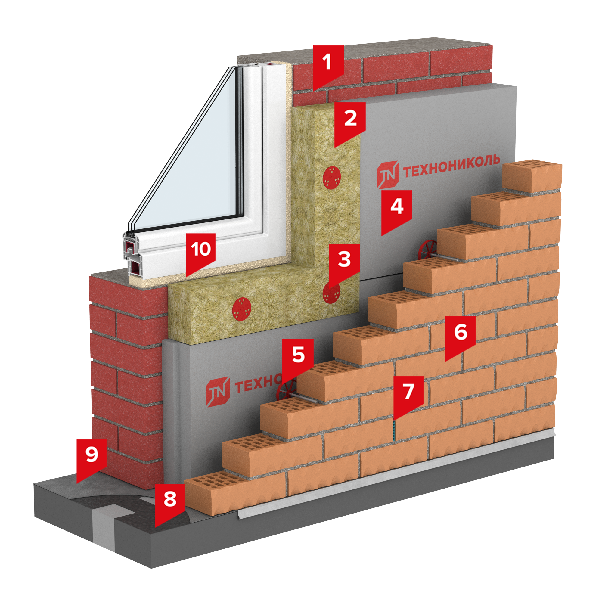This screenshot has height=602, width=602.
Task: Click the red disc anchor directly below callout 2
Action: [332, 177]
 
